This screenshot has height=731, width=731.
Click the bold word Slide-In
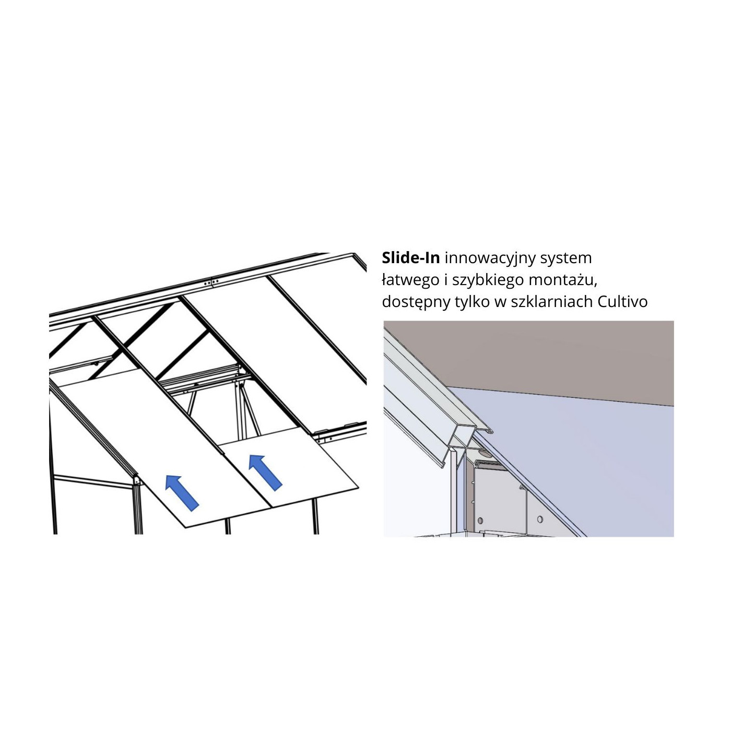click(411, 258)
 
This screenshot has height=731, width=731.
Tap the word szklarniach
click(543, 302)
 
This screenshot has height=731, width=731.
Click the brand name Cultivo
click(622, 302)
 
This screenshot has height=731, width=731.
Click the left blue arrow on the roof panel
click(182, 493)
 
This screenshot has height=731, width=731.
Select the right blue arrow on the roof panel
click(265, 473)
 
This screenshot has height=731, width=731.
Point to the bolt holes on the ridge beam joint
click(211, 282)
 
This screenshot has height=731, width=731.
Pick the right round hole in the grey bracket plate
click(540, 519)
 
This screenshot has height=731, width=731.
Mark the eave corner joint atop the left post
click(137, 481)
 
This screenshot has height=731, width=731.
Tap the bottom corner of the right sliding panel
click(271, 508)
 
